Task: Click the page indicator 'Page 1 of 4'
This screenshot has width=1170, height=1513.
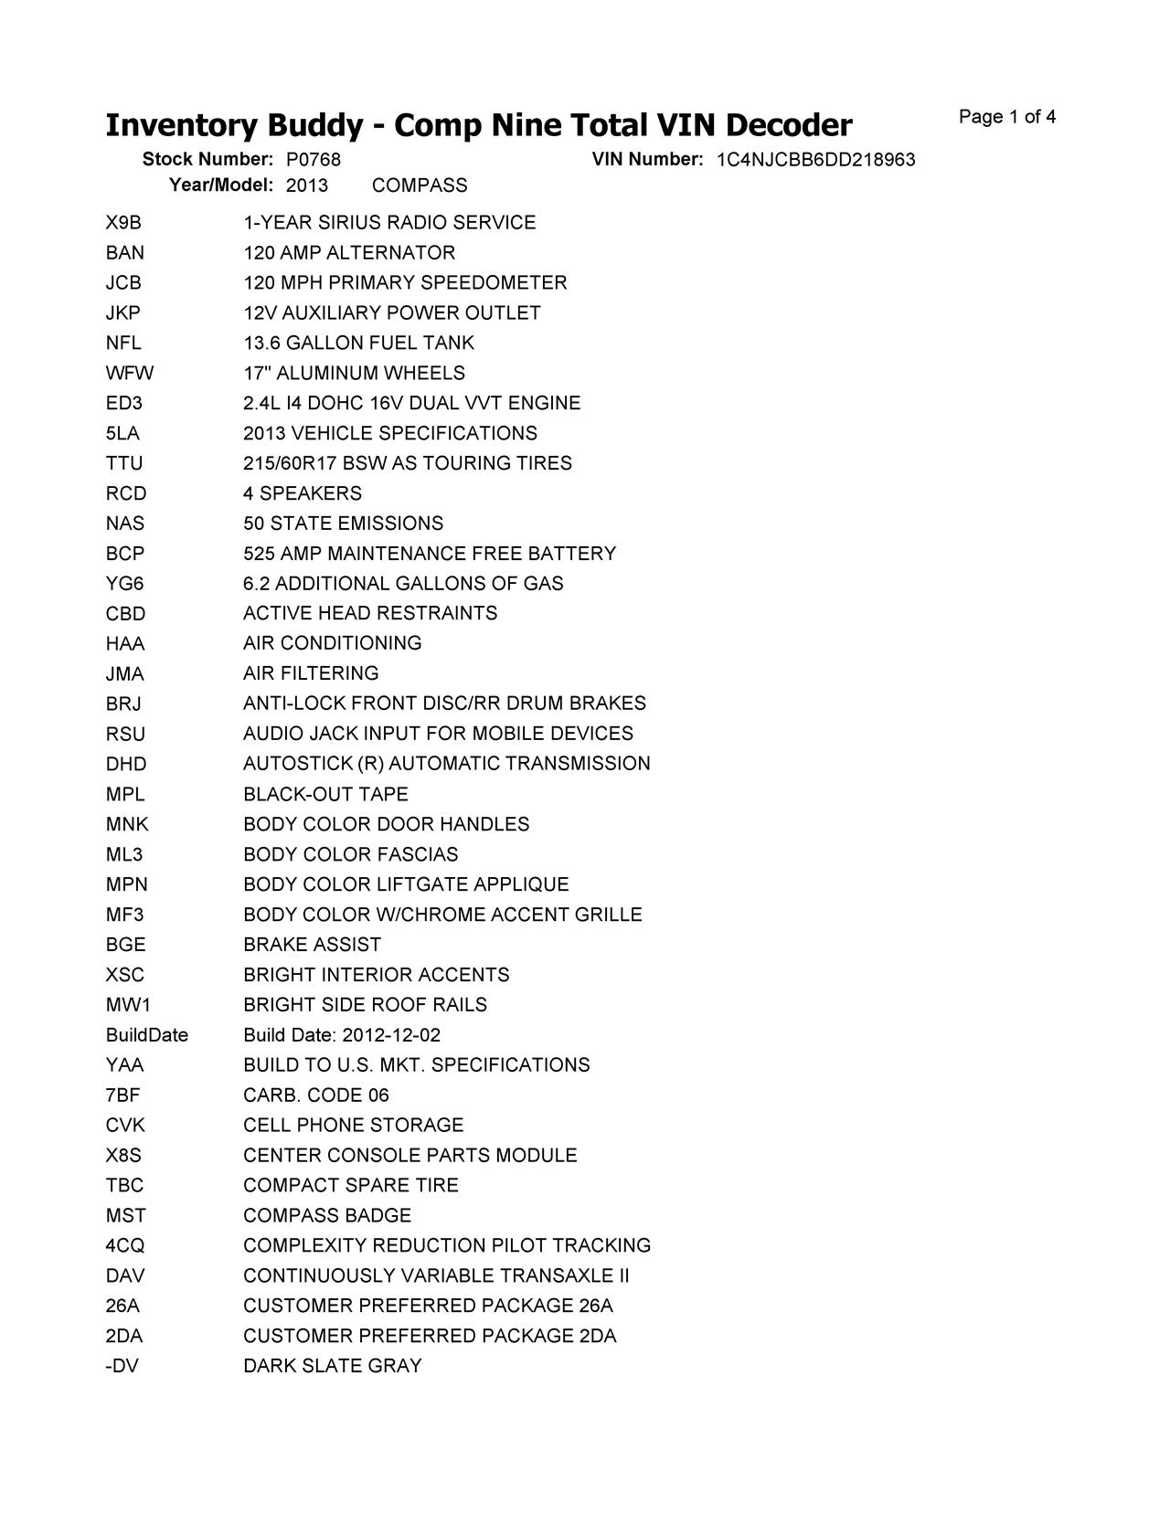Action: coord(1007,117)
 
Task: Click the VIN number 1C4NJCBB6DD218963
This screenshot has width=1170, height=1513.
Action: coord(815,161)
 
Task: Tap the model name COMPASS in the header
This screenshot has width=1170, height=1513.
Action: coord(420,185)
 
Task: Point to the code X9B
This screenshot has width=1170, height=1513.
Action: coord(123,223)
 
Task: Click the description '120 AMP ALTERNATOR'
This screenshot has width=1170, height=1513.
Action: coord(349,253)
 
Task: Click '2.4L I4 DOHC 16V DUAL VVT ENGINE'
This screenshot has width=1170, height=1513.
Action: coord(411,403)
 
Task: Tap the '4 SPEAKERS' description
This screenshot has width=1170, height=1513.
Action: coord(303,493)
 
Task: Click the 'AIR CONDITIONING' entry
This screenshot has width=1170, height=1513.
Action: coord(333,643)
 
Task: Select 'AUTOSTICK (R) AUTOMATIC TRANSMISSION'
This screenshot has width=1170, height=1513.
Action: coord(447,764)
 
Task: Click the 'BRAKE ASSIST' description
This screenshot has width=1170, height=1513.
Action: coord(312,945)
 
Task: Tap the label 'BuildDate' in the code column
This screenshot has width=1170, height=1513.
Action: coord(146,1035)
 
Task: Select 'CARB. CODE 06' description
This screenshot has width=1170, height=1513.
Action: coord(316,1095)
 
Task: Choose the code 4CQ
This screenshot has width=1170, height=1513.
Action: coord(125,1246)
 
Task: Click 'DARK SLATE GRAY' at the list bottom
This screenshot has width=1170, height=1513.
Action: coord(333,1366)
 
